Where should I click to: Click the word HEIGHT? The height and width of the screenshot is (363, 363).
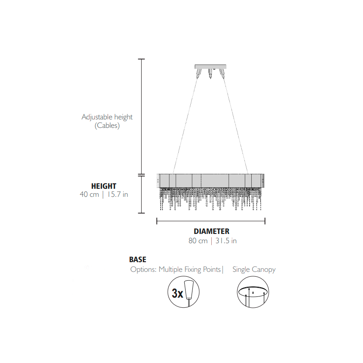click(x=104, y=186)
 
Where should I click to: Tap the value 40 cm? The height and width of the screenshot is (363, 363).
click(x=90, y=194)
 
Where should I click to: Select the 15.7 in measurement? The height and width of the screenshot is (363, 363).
click(x=118, y=194)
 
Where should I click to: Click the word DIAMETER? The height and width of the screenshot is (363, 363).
click(x=212, y=231)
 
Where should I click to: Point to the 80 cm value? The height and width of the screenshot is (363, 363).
click(x=198, y=241)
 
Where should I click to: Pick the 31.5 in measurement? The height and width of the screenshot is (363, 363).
click(x=226, y=241)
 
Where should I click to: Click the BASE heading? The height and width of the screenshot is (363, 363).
click(x=138, y=259)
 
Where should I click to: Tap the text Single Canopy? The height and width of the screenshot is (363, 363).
click(x=254, y=269)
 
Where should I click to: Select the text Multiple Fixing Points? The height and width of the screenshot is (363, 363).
click(x=190, y=269)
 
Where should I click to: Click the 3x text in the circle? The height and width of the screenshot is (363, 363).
click(x=177, y=293)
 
